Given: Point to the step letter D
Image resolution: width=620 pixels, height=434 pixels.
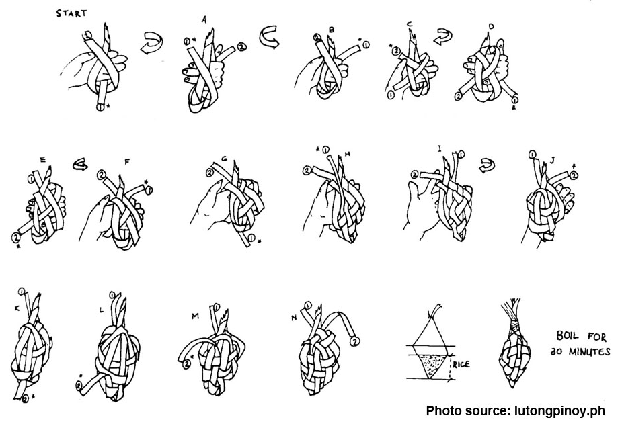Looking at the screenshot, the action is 492,26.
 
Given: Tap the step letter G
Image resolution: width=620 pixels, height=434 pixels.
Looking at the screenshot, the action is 225,160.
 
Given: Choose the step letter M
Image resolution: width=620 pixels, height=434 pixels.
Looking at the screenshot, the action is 196,316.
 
